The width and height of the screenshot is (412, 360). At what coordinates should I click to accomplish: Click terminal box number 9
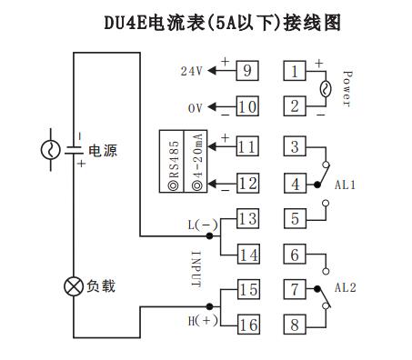click(x=248, y=70)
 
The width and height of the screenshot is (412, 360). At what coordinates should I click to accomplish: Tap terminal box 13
click(x=248, y=218)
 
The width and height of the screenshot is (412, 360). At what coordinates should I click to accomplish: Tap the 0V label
click(x=195, y=108)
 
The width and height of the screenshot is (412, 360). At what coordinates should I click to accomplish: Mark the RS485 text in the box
click(x=174, y=163)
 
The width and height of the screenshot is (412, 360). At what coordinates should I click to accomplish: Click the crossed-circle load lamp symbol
click(x=72, y=287)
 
